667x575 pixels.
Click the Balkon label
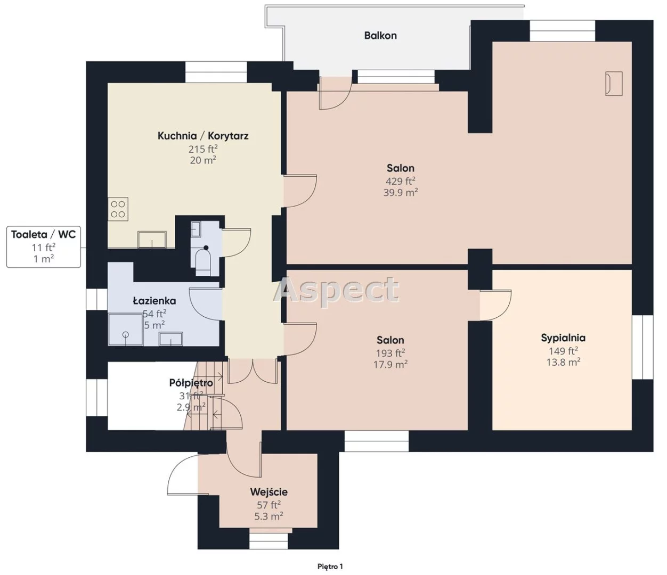pyautogui.click(x=380, y=36)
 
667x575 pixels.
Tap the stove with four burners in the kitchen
pyautogui.click(x=118, y=209)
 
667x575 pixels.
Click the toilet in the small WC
pyautogui.click(x=203, y=261)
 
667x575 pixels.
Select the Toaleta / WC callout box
pyautogui.click(x=44, y=247)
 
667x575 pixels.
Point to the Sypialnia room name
pyautogui.click(x=563, y=338)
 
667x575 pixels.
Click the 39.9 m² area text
pyautogui.click(x=401, y=193)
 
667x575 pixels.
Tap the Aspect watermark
pyautogui.click(x=336, y=290)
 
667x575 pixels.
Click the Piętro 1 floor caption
pyautogui.click(x=330, y=566)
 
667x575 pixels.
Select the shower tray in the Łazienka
pyautogui.click(x=126, y=329)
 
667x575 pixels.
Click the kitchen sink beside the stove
pyautogui.click(x=152, y=239)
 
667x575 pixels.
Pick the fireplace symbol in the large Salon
pyautogui.click(x=614, y=84)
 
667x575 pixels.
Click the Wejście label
pyautogui.click(x=269, y=492)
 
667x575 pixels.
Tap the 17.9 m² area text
pyautogui.click(x=391, y=364)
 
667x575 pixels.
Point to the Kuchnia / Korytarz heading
pyautogui.click(x=203, y=136)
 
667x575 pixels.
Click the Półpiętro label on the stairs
pyautogui.click(x=191, y=383)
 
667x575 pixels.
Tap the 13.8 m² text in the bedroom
pyautogui.click(x=563, y=362)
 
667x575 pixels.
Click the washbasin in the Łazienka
pyautogui.click(x=170, y=339)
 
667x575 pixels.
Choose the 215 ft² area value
pyautogui.click(x=203, y=149)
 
